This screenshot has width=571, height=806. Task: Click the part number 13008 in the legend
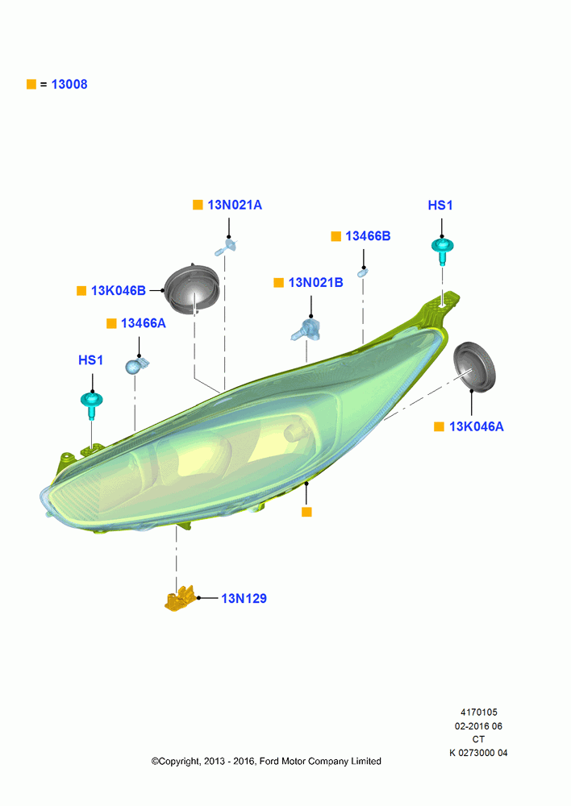click(69, 85)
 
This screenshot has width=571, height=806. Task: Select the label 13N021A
click(235, 205)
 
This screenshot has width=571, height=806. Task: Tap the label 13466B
click(368, 236)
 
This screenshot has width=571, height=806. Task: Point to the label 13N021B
click(315, 283)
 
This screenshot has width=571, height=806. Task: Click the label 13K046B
click(119, 290)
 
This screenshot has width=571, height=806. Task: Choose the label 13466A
click(144, 323)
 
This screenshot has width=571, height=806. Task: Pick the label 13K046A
click(477, 426)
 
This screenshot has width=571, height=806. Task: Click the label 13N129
click(244, 598)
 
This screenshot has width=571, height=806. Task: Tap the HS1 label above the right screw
click(440, 206)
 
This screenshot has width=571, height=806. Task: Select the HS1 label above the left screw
click(90, 360)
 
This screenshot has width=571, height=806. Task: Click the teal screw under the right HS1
click(443, 251)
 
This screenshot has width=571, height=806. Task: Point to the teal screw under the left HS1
click(92, 405)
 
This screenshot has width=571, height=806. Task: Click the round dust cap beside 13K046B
click(193, 289)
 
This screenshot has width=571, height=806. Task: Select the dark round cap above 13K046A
click(473, 367)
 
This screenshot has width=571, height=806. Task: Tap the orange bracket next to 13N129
click(180, 598)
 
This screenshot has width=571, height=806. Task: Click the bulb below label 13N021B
click(306, 330)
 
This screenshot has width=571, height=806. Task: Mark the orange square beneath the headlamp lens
click(306, 512)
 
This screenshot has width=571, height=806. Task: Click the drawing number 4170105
click(479, 713)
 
